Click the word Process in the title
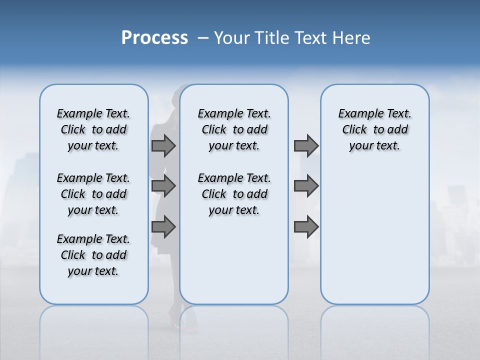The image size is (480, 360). tap(154, 38)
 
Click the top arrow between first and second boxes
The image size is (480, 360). tap(163, 145)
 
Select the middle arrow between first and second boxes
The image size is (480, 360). tap(163, 186)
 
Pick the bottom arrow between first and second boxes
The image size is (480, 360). tap(163, 226)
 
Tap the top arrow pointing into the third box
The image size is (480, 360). tap(306, 145)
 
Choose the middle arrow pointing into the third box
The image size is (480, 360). tap(306, 186)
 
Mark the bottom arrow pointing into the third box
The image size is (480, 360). tap(306, 226)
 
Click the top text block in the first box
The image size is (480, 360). tap(93, 129)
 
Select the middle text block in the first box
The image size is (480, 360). tap(93, 194)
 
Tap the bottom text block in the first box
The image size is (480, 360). tap(93, 255)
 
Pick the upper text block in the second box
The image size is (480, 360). tap(234, 129)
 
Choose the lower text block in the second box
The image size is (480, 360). tap(234, 194)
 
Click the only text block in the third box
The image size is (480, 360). tap(374, 129)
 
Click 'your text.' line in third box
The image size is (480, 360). tap(374, 146)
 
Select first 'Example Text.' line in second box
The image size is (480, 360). tap(234, 113)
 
